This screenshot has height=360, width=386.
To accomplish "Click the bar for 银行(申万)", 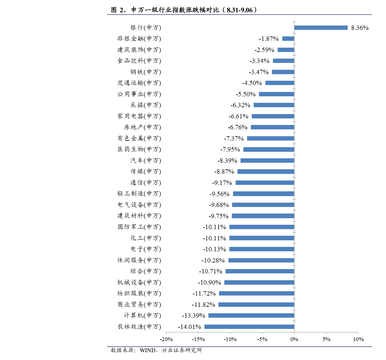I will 321,28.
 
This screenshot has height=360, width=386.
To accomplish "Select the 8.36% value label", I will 360,28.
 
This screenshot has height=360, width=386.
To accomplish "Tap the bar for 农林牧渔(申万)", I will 249,327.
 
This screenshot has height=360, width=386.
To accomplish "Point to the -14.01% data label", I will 189,327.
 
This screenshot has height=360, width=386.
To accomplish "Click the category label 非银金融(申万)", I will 139,39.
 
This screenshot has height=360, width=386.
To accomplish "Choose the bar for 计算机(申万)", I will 251,316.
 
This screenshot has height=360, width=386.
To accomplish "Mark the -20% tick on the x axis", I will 166,339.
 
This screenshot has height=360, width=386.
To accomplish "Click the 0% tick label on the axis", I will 294,339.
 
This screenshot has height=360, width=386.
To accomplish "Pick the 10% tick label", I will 358,339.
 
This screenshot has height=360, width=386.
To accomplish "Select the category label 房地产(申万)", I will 142,127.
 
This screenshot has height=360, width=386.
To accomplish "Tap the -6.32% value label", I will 240,105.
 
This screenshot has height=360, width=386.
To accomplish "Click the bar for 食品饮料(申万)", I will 284,61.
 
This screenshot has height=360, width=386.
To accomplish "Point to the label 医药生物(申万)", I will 139,149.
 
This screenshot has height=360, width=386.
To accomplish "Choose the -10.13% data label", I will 214,249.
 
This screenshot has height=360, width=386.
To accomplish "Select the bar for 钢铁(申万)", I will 283,72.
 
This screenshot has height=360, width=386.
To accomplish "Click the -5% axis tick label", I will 262,339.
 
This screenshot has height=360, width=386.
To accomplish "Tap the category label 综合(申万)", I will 146,271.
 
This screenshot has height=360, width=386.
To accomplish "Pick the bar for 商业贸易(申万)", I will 256,305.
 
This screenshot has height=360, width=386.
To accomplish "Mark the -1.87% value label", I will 269,39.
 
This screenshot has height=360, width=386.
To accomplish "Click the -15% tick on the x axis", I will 198,339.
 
